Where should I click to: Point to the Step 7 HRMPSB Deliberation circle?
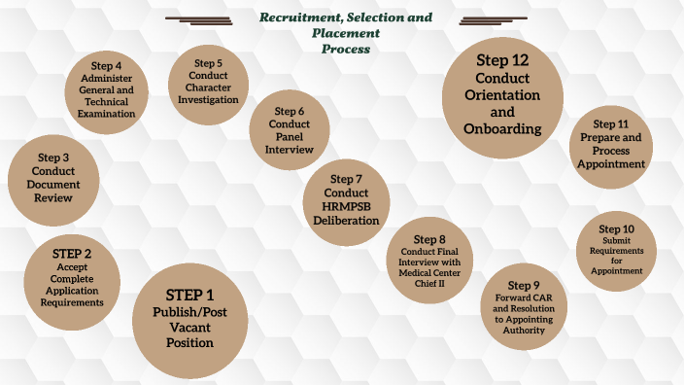tap(346, 199)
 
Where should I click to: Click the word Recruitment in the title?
tap(299, 18)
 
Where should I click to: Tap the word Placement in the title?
tap(345, 33)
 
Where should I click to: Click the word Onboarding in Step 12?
tap(502, 128)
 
